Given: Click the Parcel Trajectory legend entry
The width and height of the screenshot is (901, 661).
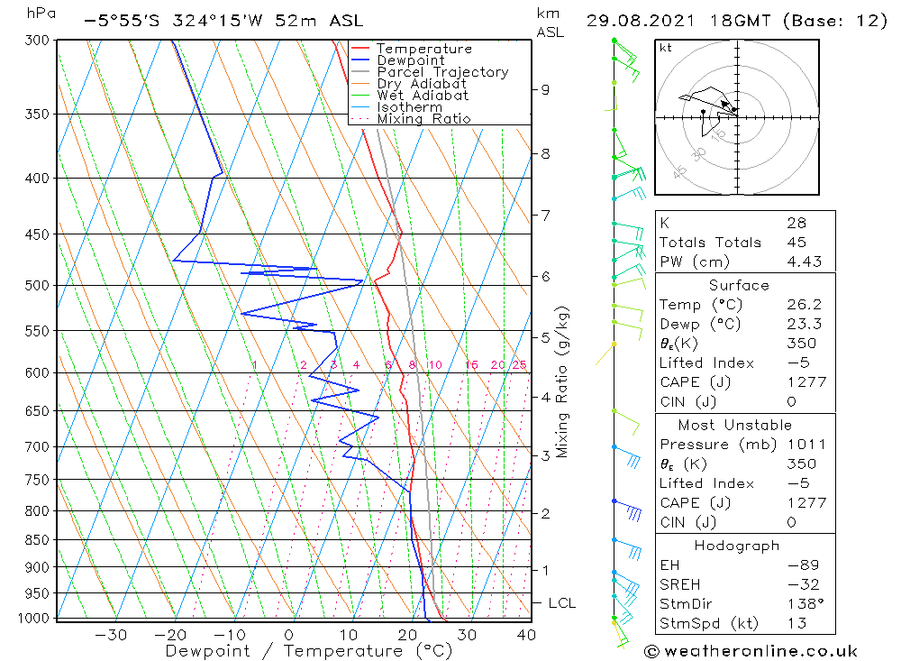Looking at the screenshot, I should coord(442,72).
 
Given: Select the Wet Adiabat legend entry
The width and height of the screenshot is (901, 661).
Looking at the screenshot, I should coord(423,96).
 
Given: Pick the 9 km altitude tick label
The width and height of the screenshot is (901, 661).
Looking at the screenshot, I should coord(545,89).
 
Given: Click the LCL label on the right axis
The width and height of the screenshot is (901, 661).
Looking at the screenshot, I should coord(561,603).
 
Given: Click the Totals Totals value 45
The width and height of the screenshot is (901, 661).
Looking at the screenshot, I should coord(796,242).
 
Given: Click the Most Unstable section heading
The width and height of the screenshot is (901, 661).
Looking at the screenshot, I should coord(734,425).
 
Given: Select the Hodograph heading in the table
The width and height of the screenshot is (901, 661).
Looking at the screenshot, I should coord(738,546).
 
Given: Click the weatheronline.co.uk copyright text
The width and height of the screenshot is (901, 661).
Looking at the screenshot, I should coord(751,651).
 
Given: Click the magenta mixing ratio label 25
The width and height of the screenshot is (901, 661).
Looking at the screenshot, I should coord(519,365).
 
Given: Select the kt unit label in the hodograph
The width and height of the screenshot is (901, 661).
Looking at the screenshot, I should coord(666,47).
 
